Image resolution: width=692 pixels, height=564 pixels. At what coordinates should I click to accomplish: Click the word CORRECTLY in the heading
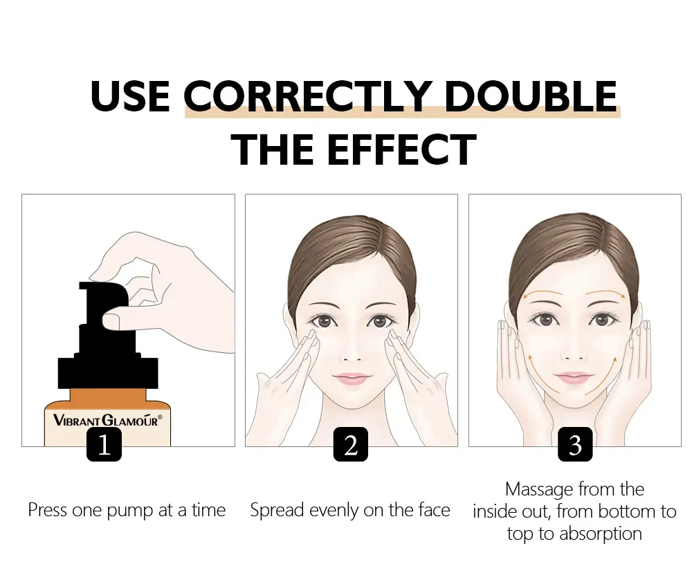pyautogui.click(x=307, y=95)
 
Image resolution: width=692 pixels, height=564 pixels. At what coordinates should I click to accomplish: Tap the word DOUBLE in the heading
pyautogui.click(x=531, y=95)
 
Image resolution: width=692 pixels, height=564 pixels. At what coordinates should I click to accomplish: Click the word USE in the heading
pyautogui.click(x=130, y=95)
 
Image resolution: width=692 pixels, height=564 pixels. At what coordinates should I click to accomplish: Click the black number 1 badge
pyautogui.click(x=104, y=444)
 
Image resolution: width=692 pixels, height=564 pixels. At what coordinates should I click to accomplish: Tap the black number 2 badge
pyautogui.click(x=351, y=444)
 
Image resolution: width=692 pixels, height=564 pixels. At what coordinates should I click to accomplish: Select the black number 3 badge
pyautogui.click(x=575, y=444)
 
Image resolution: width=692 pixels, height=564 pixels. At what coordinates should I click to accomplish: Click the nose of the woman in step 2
pyautogui.click(x=352, y=351)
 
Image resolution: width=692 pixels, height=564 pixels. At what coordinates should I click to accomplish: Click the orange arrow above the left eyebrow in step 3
pyautogui.click(x=542, y=294)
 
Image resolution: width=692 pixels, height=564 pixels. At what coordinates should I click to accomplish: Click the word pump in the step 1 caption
pyautogui.click(x=131, y=511)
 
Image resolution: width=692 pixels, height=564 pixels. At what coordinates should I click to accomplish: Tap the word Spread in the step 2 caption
pyautogui.click(x=277, y=511)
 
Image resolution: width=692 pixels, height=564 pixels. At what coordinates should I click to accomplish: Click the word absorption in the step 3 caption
pyautogui.click(x=600, y=534)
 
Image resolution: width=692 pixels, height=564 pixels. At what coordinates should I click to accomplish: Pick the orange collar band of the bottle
pyautogui.click(x=108, y=398)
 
